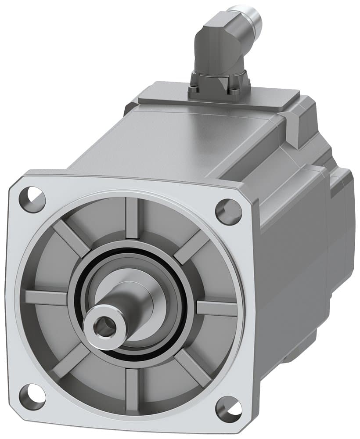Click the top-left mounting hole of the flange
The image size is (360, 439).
(32, 200)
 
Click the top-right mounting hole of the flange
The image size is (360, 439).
(228, 212)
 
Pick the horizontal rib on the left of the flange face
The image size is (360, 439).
(46, 298)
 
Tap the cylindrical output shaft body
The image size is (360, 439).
(125, 307)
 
